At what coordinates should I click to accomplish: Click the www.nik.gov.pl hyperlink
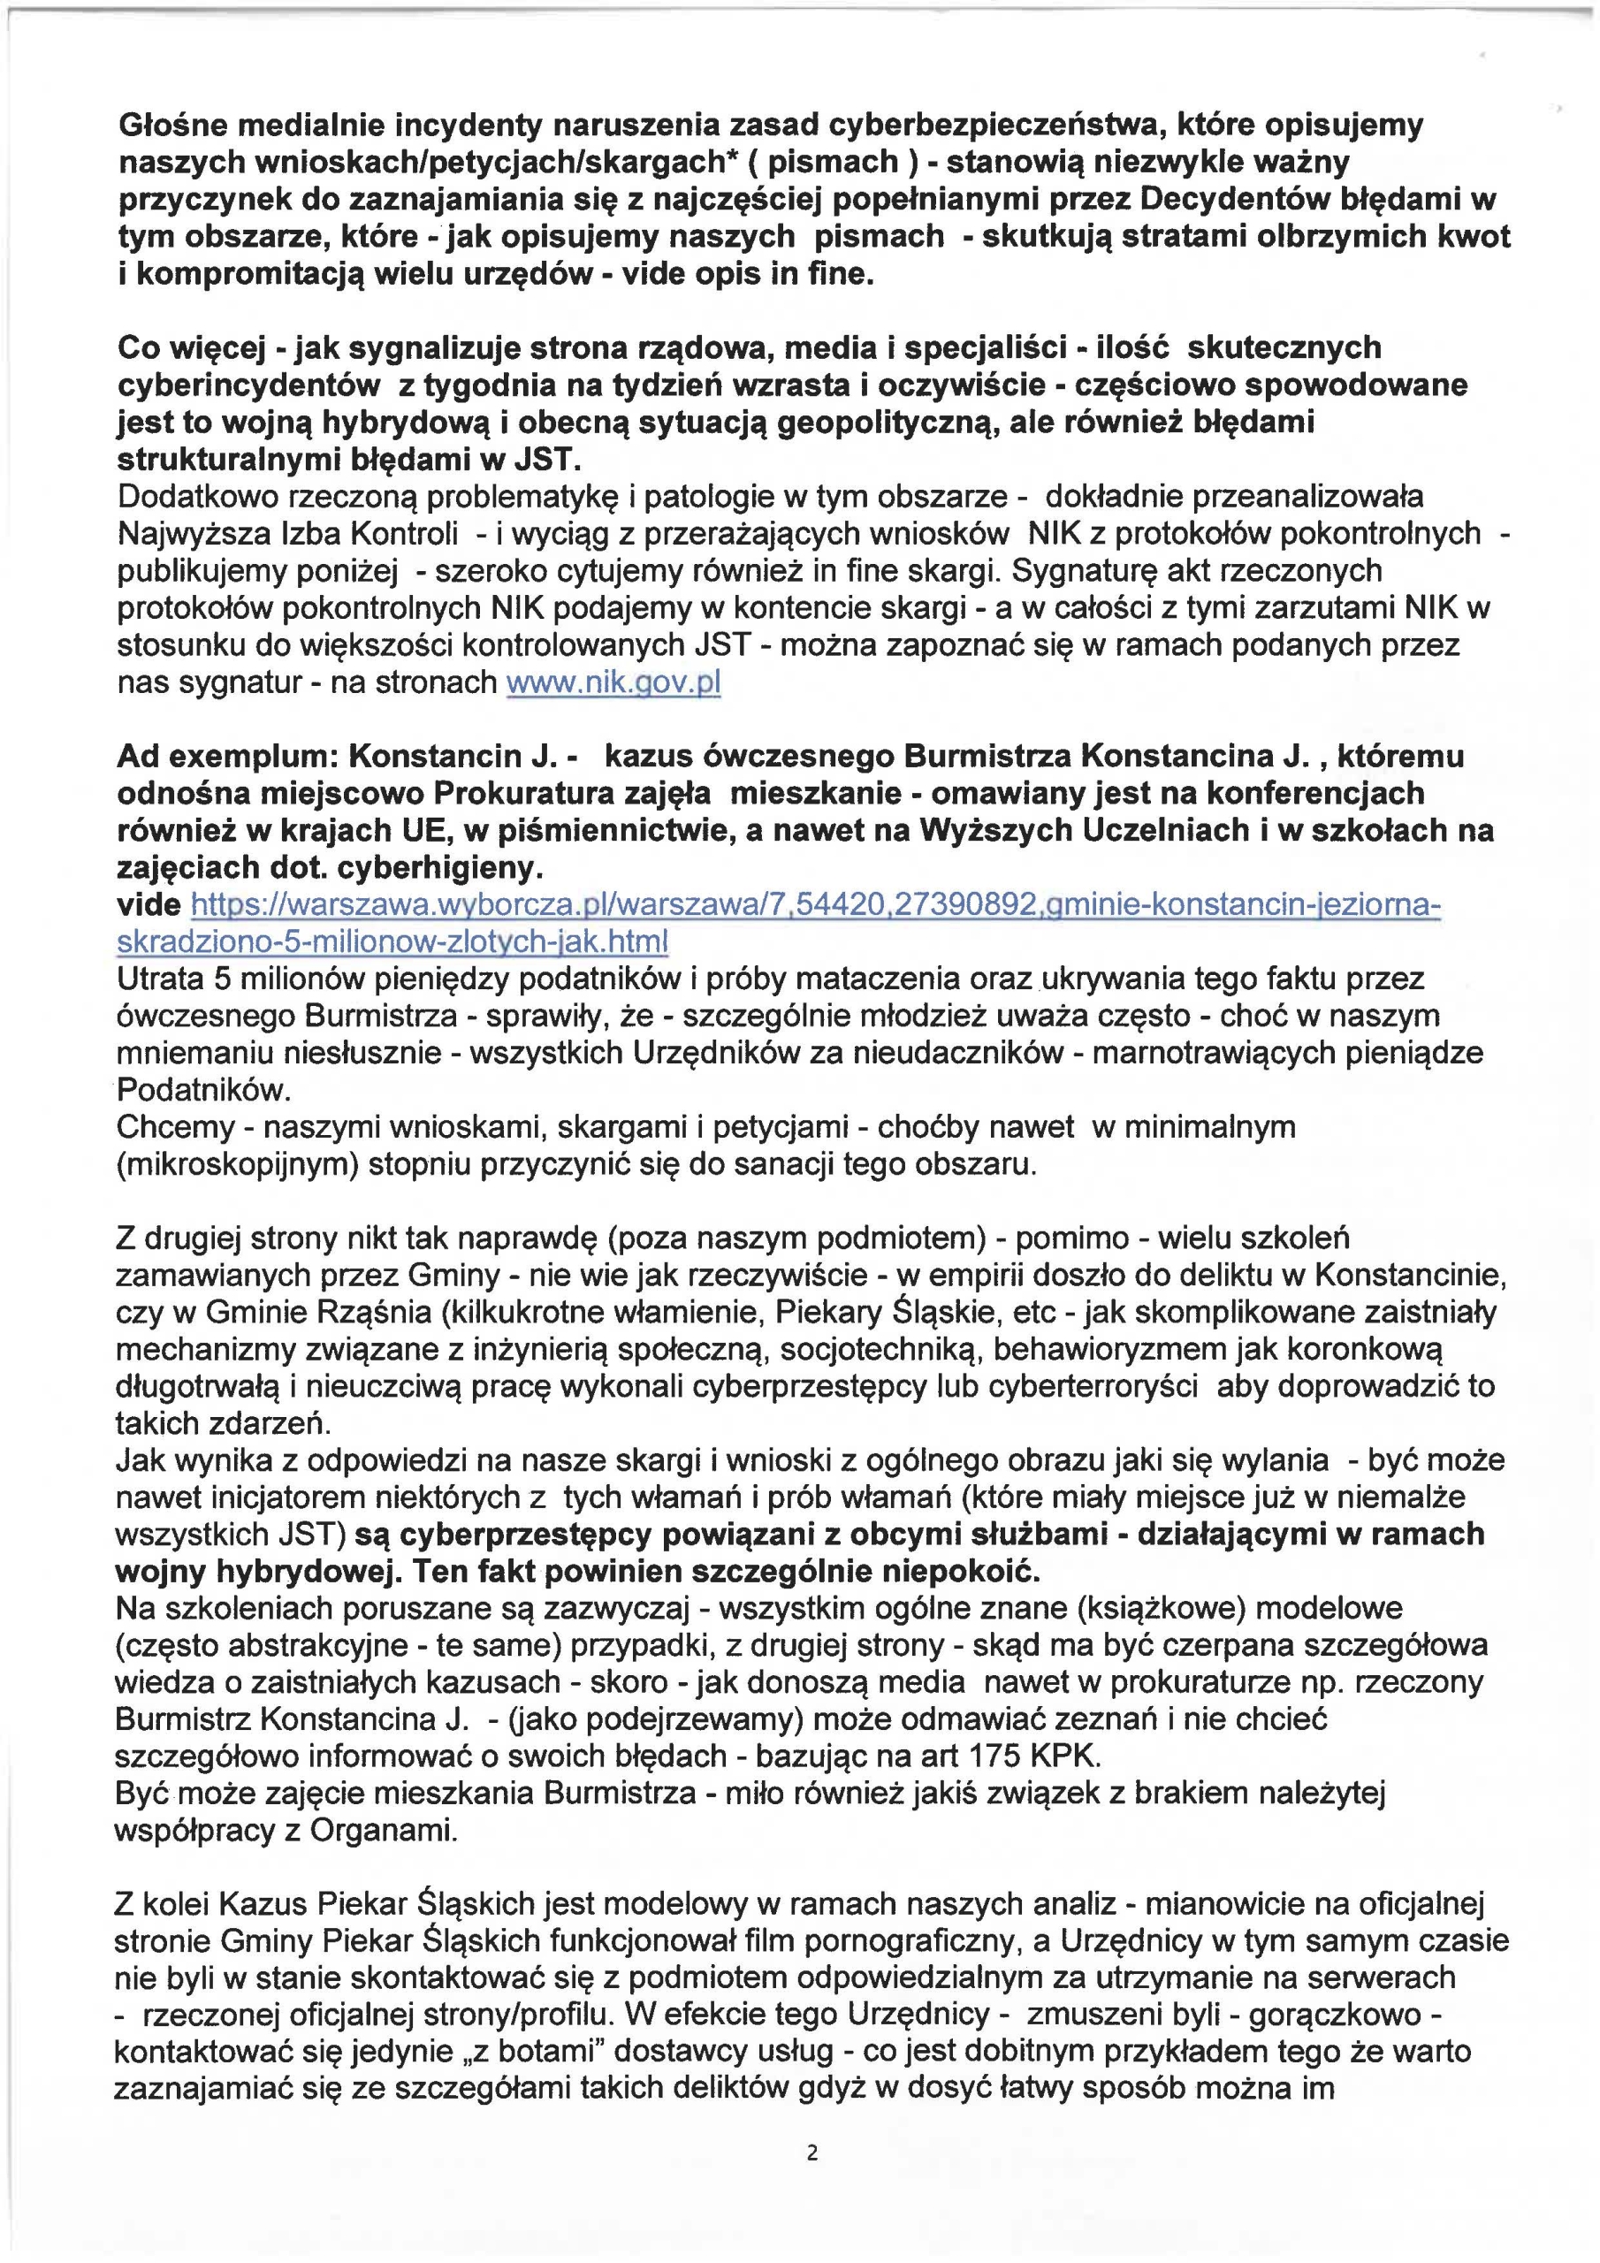613,682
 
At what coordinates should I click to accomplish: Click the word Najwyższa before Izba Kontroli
190,533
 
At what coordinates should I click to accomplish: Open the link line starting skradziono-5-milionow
392,941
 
